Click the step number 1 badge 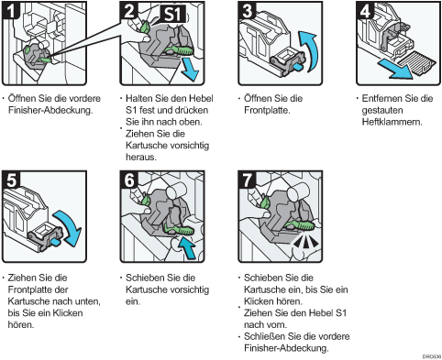point(10,10)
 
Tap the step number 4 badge point(365,10)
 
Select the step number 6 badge point(128,180)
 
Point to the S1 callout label point(173,14)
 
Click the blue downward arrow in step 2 point(190,70)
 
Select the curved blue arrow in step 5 point(70,227)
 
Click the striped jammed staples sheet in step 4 point(417,62)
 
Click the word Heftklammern point(392,122)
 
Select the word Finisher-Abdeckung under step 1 point(50,110)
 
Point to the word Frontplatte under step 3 point(267,110)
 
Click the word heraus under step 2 point(141,158)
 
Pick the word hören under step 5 point(21,324)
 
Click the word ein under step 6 point(133,301)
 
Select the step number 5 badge point(11,180)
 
